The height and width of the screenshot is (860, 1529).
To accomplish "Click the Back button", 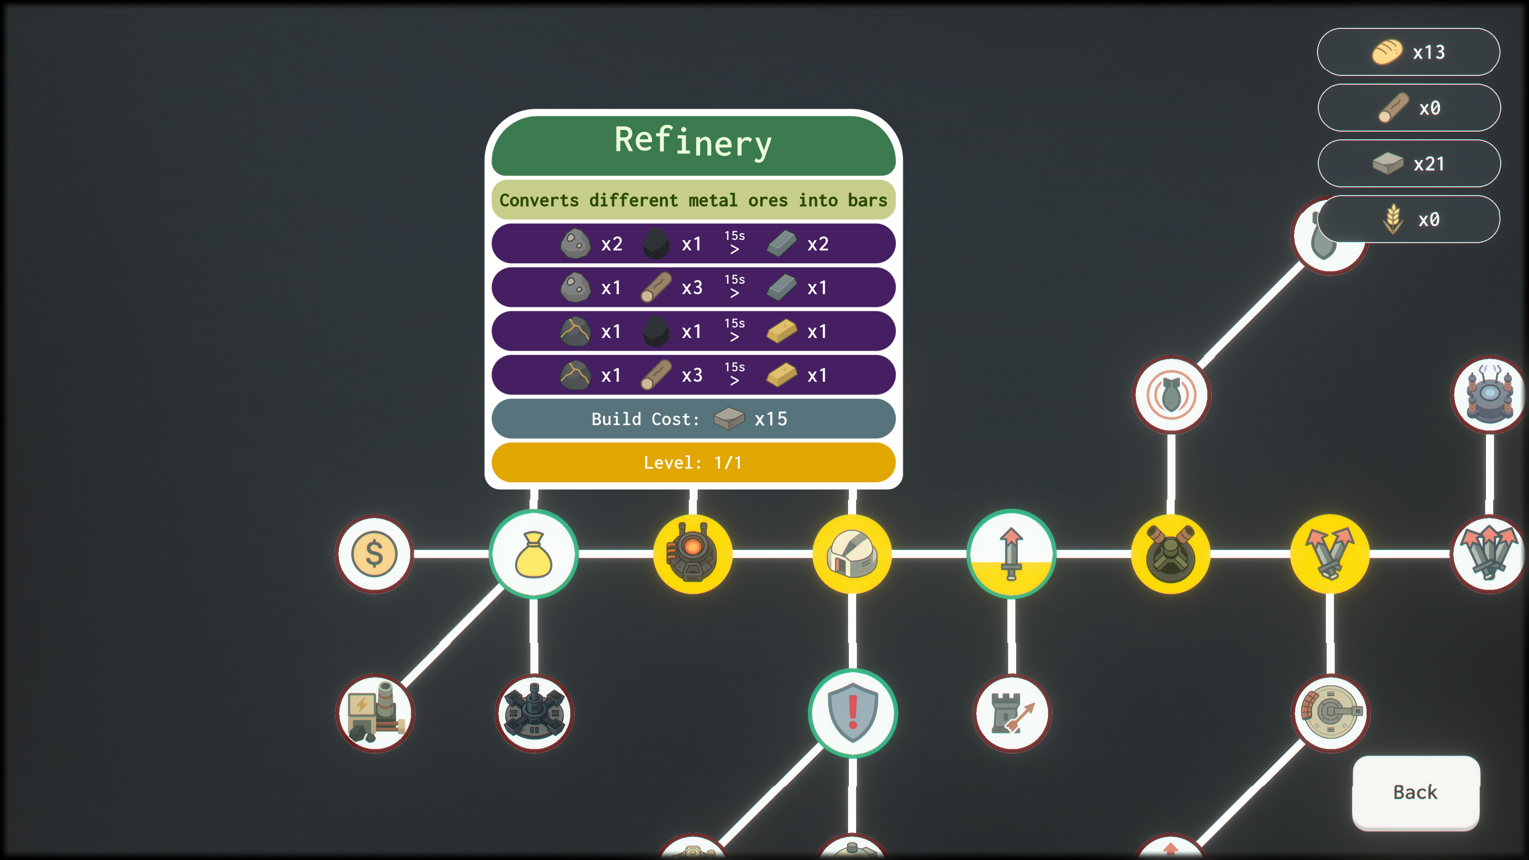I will (x=1415, y=792).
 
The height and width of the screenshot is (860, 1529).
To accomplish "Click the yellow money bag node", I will (x=533, y=554).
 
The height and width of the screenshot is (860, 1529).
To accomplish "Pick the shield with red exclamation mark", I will (x=852, y=713).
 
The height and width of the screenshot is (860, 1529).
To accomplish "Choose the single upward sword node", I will (x=1011, y=554).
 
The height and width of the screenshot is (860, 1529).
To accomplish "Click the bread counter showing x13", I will (x=1408, y=52).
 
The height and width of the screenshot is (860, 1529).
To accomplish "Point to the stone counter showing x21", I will (x=1408, y=164).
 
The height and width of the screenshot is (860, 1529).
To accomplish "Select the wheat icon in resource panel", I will (x=1392, y=220).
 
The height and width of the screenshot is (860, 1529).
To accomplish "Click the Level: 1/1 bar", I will (x=693, y=462).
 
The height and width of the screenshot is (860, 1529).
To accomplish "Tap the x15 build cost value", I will (x=770, y=419).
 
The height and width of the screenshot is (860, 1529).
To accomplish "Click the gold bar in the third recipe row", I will (x=781, y=331).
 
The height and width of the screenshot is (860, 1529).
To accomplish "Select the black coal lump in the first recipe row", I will (x=656, y=244).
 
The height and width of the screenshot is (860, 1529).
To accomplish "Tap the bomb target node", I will (x=1171, y=395).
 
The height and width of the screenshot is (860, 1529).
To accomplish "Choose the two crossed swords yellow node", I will (x=1330, y=554).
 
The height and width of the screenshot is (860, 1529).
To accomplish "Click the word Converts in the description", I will (x=538, y=200).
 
